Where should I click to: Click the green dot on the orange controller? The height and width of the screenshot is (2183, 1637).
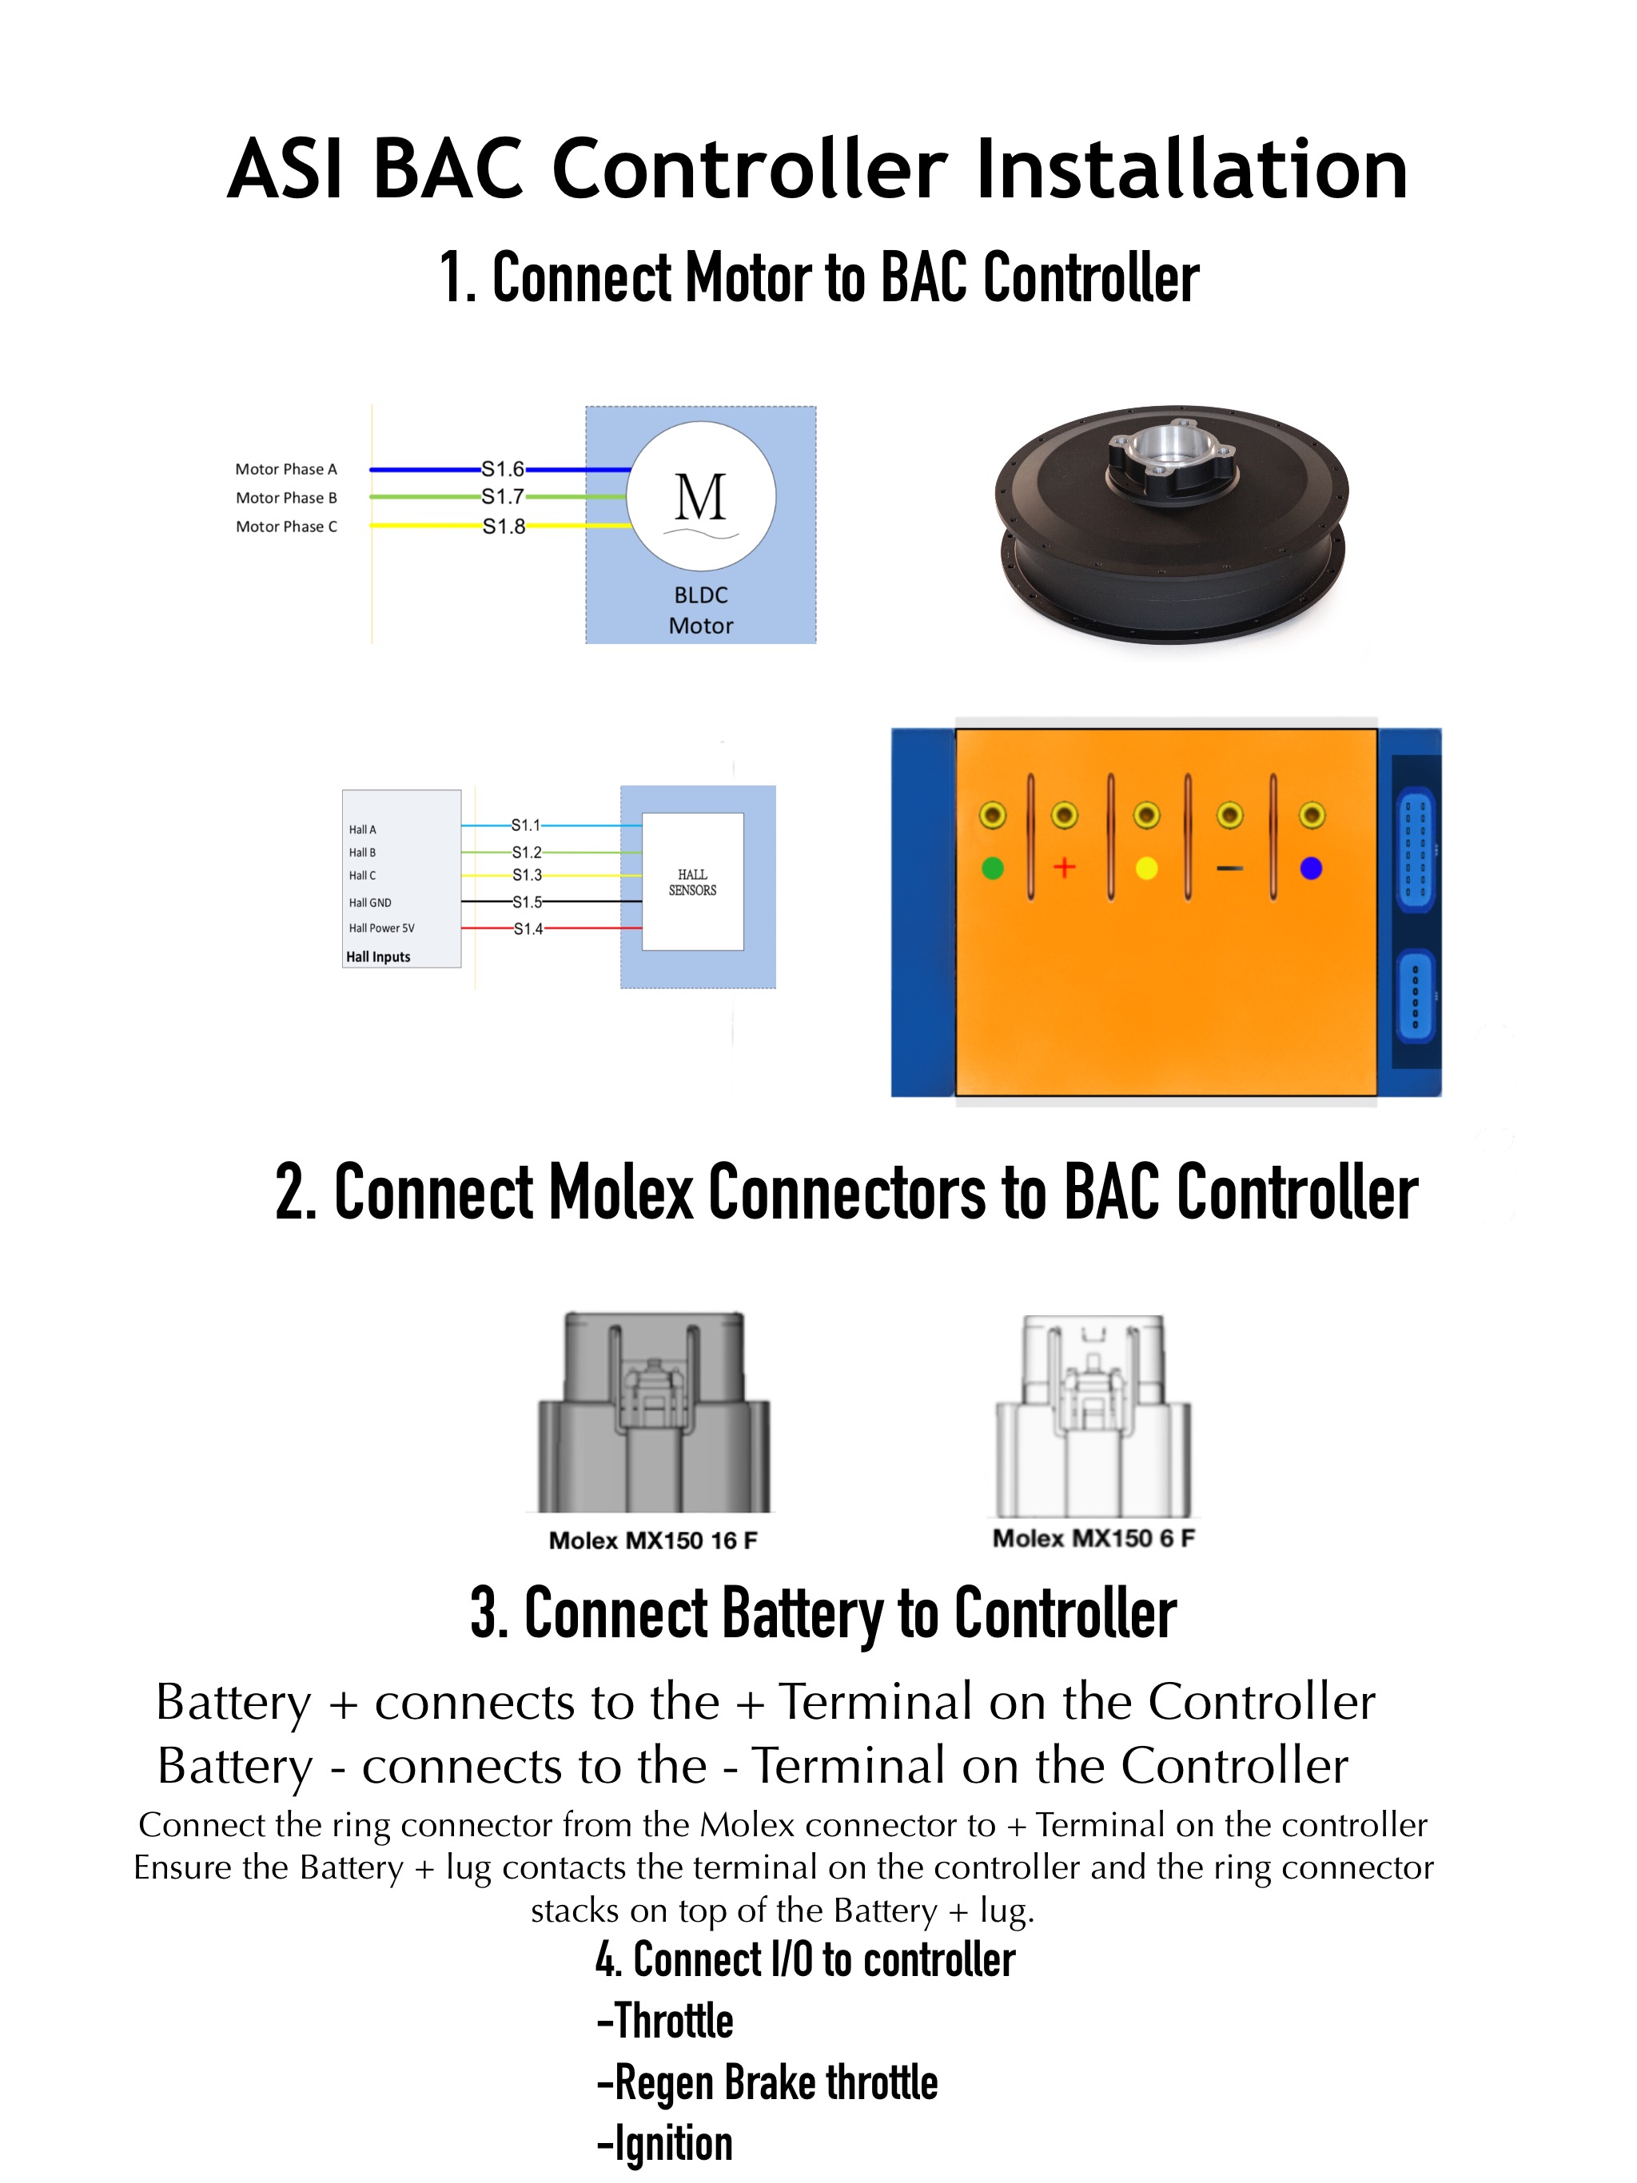pos(992,869)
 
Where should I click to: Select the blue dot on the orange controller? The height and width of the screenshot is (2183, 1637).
pos(1311,869)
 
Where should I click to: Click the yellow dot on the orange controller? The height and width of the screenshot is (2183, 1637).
pos(1146,869)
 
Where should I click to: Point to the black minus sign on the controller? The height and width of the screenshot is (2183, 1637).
pos(1229,869)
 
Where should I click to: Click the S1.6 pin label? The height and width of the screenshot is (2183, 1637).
pos(503,469)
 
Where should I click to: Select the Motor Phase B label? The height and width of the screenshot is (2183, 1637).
pos(286,497)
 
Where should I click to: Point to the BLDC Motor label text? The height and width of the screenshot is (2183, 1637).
pos(701,610)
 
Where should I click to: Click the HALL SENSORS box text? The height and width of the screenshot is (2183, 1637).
pos(692,882)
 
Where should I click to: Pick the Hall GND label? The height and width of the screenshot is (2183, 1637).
pos(370,902)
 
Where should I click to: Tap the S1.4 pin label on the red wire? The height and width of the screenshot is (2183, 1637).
pos(528,928)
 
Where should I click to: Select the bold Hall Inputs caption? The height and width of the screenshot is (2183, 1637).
pos(378,956)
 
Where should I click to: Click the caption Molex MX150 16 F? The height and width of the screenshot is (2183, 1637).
pos(652,1541)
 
